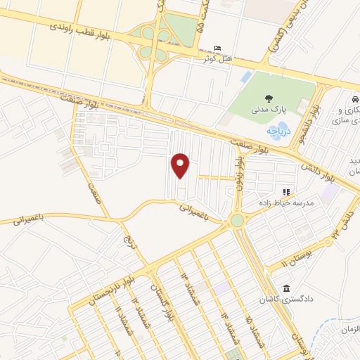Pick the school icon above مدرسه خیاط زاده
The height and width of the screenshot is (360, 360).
pyautogui.click(x=285, y=191)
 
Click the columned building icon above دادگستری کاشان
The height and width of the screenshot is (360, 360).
pyautogui.click(x=285, y=288)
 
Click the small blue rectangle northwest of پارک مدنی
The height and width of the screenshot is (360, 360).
pyautogui.click(x=245, y=77)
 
